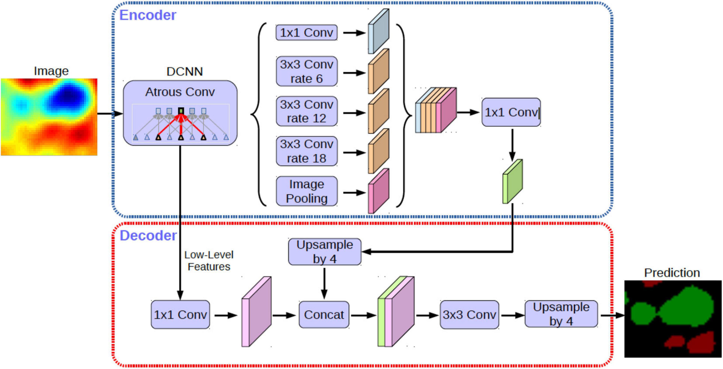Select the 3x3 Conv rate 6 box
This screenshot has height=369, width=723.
[307, 71]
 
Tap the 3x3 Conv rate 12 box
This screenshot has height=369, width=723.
[307, 111]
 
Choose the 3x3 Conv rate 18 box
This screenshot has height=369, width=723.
[307, 151]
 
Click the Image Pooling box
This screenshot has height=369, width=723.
[307, 191]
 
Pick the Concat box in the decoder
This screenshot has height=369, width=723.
[324, 315]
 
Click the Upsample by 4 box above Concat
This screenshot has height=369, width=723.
[325, 252]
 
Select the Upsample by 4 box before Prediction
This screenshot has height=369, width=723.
[561, 314]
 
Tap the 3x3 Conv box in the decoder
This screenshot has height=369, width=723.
[470, 315]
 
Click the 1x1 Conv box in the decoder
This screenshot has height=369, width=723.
[180, 315]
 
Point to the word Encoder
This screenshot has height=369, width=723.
[148, 15]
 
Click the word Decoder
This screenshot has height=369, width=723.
[148, 236]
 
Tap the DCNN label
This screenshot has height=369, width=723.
[185, 72]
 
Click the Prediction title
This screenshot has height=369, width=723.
[672, 273]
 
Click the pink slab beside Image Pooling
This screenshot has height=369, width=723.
[379, 191]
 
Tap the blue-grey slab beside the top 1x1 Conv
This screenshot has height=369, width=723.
[379, 31]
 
